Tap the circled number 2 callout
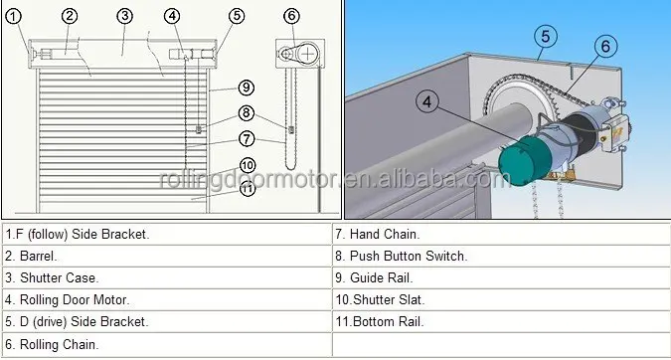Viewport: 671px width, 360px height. click(70, 16)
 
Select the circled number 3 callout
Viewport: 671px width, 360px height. click(124, 16)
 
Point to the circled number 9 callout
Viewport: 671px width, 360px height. click(247, 89)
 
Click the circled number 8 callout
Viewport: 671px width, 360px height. click(247, 113)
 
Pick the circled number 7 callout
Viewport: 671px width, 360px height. click(247, 138)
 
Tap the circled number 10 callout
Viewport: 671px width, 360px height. click(247, 165)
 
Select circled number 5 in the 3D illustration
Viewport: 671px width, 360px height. click(542, 37)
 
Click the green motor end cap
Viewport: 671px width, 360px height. click(521, 161)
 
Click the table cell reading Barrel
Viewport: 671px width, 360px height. click(166, 256)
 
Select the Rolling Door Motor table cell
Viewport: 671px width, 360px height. click(166, 299)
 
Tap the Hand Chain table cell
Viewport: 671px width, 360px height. click(501, 234)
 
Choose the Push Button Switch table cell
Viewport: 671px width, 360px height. click(501, 256)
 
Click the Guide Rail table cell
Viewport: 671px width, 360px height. click(501, 277)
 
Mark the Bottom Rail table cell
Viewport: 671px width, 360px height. click(501, 321)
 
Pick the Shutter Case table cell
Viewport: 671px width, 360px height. click(166, 277)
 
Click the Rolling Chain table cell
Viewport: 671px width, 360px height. click(166, 344)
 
